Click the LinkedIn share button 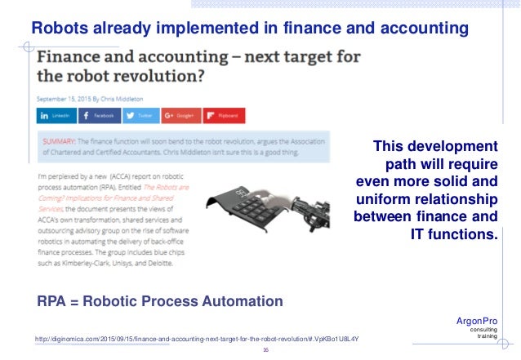point(58,116)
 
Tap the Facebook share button point(99,116)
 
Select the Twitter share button point(140,116)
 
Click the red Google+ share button point(180,116)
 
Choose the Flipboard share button point(222,116)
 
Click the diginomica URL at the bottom point(197,338)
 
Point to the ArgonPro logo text point(476,322)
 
